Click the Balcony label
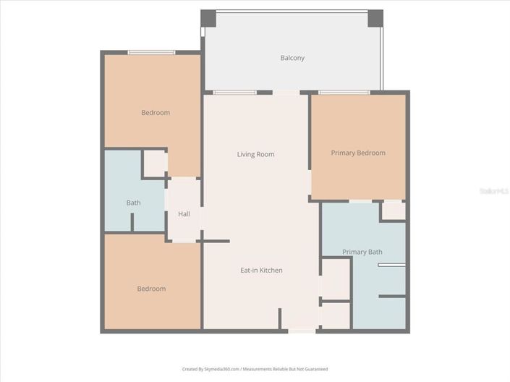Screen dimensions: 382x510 point(292,58)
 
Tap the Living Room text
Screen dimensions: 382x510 point(255,154)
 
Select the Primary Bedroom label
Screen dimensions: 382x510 point(358,153)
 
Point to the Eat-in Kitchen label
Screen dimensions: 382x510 point(261,271)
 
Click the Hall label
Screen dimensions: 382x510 point(184,214)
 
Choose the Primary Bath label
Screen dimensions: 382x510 point(362,252)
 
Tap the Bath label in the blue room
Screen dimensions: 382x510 point(133,203)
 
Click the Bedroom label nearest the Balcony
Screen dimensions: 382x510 point(156,112)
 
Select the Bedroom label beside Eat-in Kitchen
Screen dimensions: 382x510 point(151,289)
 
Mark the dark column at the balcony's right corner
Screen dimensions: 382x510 point(375,18)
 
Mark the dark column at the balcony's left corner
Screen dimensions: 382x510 point(208,18)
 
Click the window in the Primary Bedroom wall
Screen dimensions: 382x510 point(344,93)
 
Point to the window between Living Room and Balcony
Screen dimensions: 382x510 point(234,93)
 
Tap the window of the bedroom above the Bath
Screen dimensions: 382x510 point(151,52)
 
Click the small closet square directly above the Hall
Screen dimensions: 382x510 point(155,164)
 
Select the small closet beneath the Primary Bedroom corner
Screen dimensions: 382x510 point(393,211)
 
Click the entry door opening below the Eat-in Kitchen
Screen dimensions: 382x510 point(302,331)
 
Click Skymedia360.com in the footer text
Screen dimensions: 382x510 point(221,369)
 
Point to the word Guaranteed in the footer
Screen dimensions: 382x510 point(313,369)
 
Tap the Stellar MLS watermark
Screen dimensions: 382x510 point(495,191)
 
